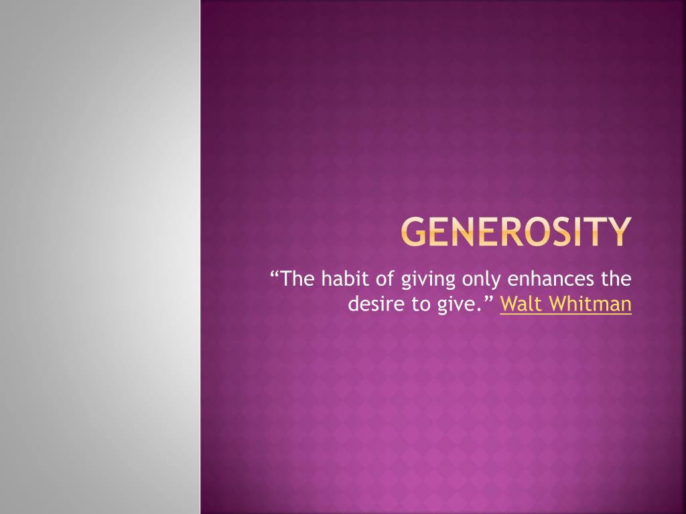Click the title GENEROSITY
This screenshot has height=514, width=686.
pos(517,232)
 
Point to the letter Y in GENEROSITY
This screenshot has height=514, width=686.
pos(619,232)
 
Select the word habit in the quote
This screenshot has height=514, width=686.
pos(342,278)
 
